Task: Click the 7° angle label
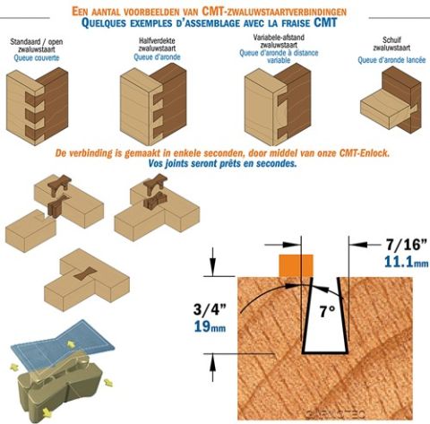[327, 312]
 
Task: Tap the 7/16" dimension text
[407, 245]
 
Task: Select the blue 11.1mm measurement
[406, 262]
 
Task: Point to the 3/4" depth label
[210, 309]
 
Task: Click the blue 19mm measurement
[210, 326]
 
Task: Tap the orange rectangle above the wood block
[296, 265]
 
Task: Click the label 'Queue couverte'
[37, 57]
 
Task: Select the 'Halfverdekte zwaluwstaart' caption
[157, 44]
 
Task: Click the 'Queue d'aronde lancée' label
[391, 60]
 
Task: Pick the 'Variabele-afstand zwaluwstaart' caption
[279, 41]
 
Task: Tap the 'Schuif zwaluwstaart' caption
[391, 44]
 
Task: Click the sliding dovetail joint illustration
[391, 100]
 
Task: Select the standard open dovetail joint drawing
[37, 107]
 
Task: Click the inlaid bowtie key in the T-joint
[85, 273]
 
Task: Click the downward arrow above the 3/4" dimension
[212, 262]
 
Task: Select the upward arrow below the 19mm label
[212, 368]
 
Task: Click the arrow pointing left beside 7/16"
[366, 245]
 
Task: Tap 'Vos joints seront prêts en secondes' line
[222, 164]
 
